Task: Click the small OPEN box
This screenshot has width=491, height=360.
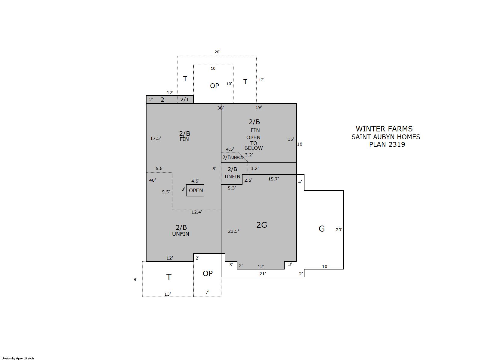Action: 195,190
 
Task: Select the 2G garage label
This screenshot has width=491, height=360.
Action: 261,225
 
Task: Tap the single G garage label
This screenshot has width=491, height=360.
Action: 322,229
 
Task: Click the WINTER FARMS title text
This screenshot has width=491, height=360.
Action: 384,129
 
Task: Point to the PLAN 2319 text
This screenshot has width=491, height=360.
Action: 387,144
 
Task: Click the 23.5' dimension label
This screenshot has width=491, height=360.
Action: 233,231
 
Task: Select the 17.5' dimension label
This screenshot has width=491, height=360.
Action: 156,138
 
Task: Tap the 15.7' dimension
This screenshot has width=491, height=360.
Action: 273,179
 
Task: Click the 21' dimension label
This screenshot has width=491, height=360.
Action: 262,273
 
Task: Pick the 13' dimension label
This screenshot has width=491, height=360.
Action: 168,294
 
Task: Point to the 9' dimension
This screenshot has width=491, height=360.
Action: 135,279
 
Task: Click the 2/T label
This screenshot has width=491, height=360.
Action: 184,100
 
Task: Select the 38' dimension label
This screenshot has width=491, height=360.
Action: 220,108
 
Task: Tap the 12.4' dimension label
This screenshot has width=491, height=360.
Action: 197,212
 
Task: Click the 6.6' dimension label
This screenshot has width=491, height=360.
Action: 159,168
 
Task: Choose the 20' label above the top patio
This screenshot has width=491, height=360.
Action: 217,52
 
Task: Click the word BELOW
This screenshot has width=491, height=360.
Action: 253,148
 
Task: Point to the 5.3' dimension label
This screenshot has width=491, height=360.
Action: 232,188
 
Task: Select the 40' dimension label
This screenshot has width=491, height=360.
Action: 152,180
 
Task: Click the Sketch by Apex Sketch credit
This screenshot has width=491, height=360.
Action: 18,358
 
